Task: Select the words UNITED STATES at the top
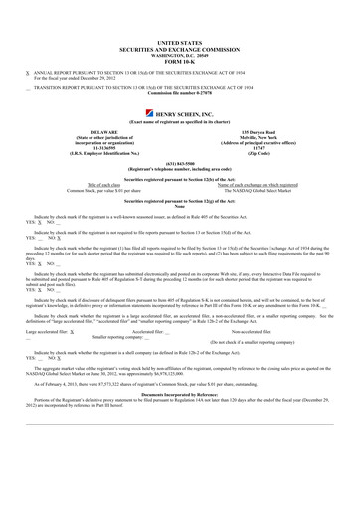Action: pos(180,45)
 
